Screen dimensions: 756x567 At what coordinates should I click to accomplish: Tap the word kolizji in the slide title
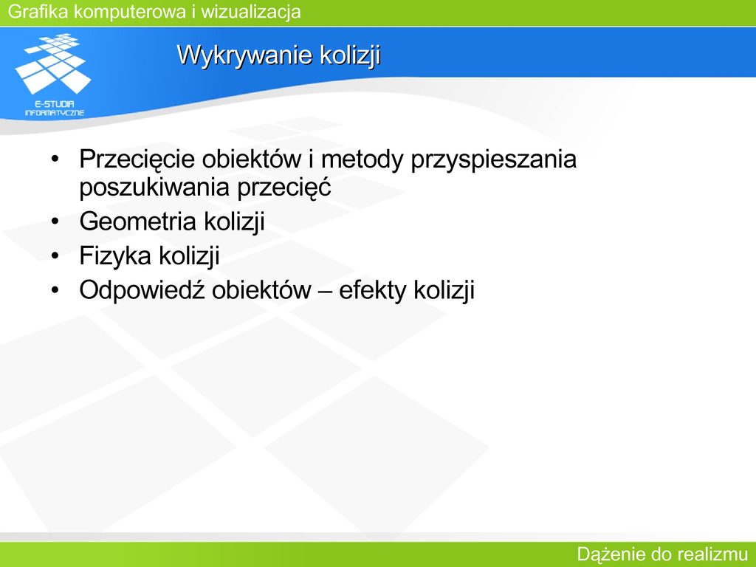point(351,55)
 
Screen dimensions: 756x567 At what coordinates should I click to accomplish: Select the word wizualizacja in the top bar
point(251,12)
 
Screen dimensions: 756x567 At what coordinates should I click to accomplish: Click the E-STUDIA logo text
point(55,104)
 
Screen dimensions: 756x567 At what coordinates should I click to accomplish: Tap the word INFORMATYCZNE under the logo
point(55,113)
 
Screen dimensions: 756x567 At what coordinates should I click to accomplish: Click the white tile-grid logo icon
point(53,63)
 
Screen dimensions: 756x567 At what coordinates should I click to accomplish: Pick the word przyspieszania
point(494,159)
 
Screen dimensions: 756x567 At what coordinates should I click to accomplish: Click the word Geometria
point(137,221)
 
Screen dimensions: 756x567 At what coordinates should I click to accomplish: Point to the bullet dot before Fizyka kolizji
point(55,256)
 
